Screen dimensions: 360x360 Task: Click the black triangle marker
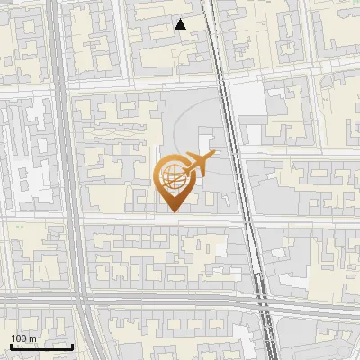181,24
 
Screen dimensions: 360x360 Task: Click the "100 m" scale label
23,338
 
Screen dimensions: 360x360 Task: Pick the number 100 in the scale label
19,338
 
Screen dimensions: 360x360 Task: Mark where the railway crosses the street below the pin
249,220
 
